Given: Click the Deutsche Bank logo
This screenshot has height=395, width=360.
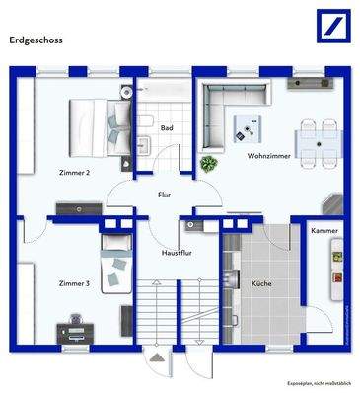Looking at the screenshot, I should tap(328, 26).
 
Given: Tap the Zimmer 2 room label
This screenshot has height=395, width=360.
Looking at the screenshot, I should tap(75, 173).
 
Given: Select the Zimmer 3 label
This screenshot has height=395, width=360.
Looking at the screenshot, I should tap(74, 284).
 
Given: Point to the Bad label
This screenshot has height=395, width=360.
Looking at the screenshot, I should tap(168, 128).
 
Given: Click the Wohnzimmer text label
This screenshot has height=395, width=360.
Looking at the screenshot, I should tap(268, 156).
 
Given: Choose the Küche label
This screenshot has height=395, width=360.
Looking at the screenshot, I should tap(261, 284).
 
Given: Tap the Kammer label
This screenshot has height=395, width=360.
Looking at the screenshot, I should tap(324, 231).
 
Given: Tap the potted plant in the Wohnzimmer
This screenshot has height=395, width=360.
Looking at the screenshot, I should tap(208, 163).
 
